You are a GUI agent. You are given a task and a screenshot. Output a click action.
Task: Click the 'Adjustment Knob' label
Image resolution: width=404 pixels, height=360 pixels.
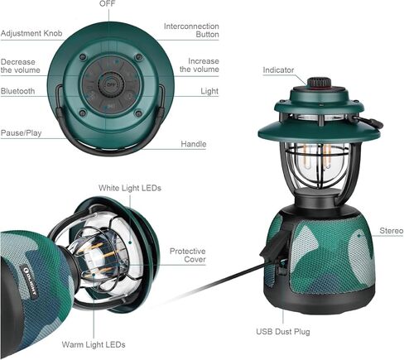pyautogui.click(x=31, y=33)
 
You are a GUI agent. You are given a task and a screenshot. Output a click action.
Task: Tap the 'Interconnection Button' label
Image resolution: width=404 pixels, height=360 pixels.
pyautogui.click(x=191, y=31)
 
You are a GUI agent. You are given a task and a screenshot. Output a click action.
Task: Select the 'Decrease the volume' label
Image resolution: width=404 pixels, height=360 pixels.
pyautogui.click(x=21, y=66)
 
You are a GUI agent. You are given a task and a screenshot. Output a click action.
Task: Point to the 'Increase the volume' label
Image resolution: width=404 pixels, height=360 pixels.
pyautogui.click(x=200, y=65)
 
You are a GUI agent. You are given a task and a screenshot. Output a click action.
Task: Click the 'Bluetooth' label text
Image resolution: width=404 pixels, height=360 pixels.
pyautogui.click(x=17, y=91)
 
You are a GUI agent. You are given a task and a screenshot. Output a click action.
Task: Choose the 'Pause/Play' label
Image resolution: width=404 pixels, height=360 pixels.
pyautogui.click(x=21, y=133)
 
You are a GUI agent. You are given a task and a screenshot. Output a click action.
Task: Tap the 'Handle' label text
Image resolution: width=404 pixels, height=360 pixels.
pyautogui.click(x=194, y=144)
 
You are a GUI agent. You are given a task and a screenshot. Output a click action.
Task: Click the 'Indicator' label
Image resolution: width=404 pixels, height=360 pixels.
pyautogui.click(x=278, y=70)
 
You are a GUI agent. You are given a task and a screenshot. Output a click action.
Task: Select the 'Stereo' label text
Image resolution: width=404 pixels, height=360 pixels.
pyautogui.click(x=392, y=231)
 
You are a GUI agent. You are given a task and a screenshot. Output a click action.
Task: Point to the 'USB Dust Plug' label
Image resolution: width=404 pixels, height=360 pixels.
pyautogui.click(x=283, y=331)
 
